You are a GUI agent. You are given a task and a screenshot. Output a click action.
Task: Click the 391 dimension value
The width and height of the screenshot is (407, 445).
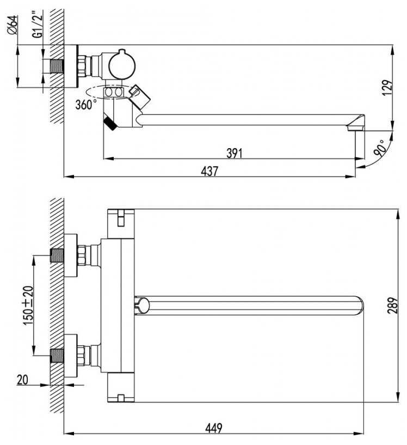pos(235,153)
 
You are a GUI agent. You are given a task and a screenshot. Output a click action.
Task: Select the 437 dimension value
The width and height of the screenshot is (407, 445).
pos(209,171)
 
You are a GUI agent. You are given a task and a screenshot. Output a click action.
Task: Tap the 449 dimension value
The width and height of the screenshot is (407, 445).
pos(213,428)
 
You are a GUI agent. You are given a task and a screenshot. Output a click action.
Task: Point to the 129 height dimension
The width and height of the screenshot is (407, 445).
pos(388,88)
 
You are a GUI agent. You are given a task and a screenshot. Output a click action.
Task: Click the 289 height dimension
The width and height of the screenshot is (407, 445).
pos(393,306)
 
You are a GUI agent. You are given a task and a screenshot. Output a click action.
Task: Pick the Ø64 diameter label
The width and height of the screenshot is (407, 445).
pos(13,25)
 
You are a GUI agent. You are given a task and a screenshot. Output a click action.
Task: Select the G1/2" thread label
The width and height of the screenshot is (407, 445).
pos(38,24)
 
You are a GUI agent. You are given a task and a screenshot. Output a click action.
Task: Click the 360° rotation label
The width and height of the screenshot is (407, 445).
pos(84,105)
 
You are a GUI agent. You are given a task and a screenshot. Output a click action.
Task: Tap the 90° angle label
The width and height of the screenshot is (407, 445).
pos(379,148)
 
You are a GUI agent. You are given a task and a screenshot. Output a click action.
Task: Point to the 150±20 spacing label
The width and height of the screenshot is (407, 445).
pos(28,306)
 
